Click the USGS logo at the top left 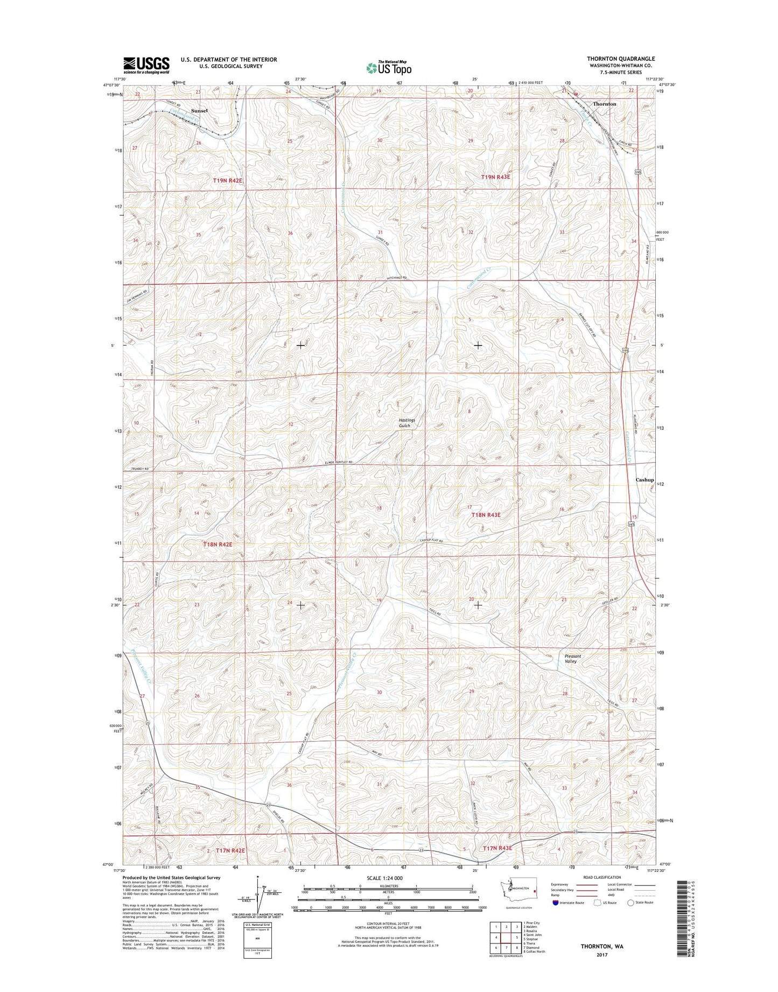(x=146, y=65)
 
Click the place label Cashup (x=644, y=479)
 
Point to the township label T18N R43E (x=486, y=515)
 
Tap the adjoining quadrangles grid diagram (x=506, y=938)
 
